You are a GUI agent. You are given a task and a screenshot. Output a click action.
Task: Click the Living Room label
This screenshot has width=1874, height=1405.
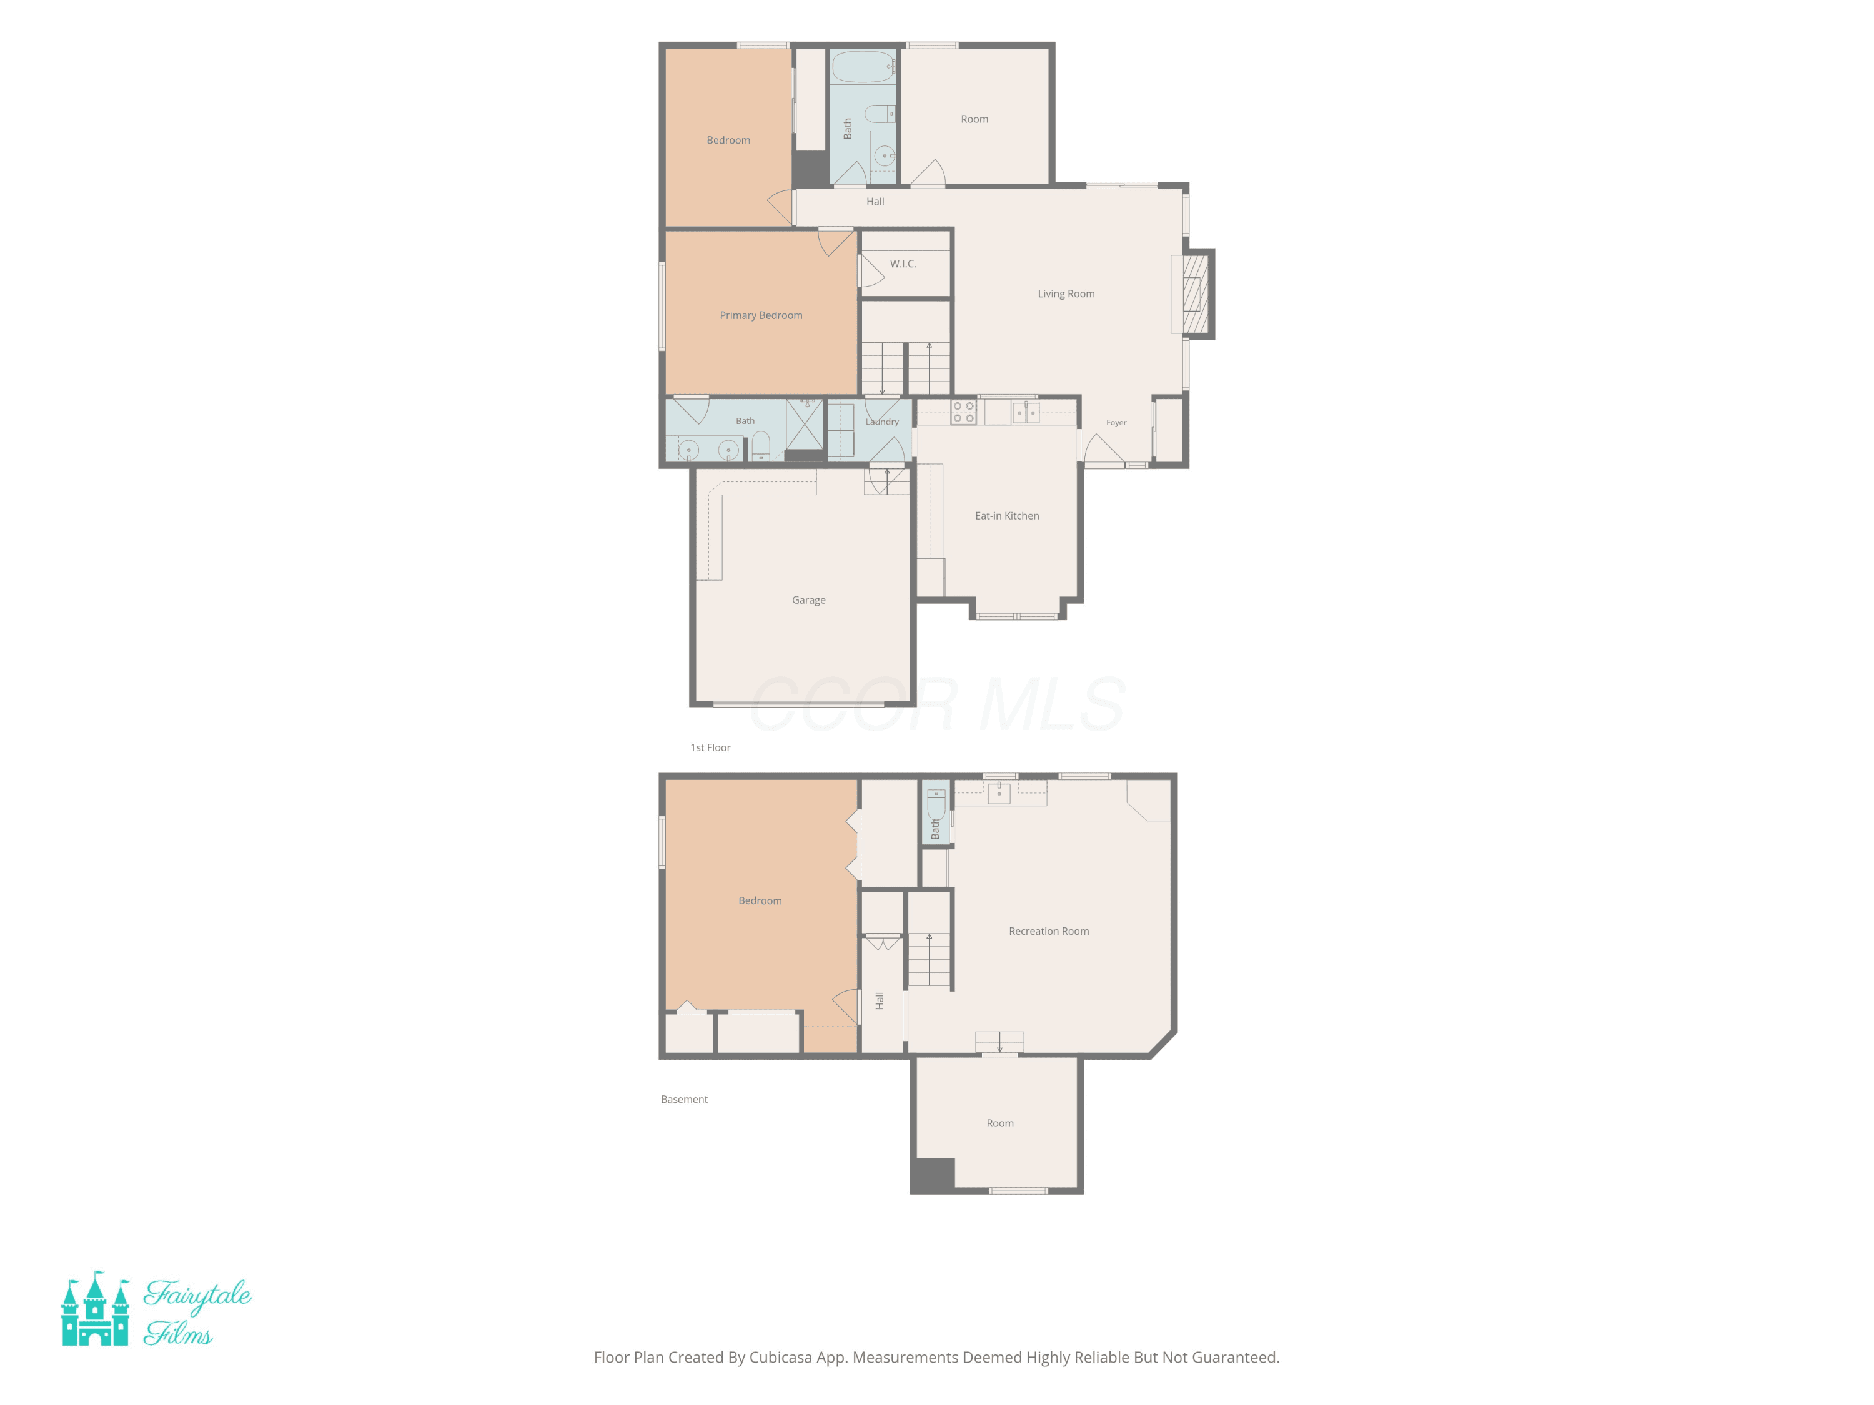click(1066, 294)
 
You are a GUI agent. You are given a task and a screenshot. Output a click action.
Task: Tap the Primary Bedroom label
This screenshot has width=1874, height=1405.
click(761, 315)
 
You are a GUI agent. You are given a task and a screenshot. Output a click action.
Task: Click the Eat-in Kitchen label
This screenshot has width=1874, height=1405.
click(1006, 516)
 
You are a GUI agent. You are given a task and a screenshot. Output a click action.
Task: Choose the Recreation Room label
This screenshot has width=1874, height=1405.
click(1049, 931)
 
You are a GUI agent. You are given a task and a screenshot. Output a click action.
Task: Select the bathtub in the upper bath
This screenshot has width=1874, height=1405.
click(863, 66)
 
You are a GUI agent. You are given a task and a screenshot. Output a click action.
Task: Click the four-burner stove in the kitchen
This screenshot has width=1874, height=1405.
click(963, 412)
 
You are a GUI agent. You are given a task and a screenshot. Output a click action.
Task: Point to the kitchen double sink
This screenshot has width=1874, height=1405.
click(1026, 412)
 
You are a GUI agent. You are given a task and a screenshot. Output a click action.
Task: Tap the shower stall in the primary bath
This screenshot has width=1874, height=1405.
click(804, 423)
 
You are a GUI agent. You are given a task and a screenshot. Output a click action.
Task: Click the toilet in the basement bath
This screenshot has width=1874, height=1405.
click(935, 804)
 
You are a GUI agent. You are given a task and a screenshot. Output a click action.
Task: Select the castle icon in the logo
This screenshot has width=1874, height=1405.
click(95, 1308)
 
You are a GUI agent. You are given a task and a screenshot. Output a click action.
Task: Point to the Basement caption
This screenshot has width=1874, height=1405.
click(683, 1099)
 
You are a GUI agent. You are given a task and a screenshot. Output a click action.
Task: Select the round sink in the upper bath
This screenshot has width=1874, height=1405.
click(884, 156)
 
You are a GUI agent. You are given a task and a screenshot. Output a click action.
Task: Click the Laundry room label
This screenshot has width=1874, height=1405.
click(882, 421)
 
